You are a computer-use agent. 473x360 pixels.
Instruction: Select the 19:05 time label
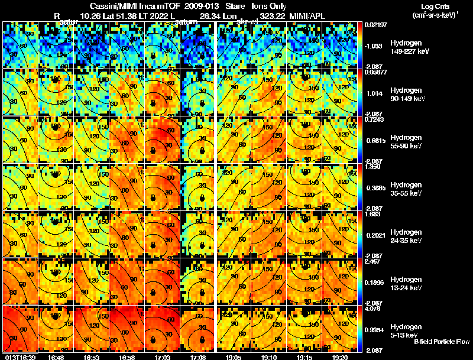pos(234,357)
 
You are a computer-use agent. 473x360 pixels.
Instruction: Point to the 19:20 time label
pos(339,357)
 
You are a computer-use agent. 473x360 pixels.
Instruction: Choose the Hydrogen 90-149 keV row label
pos(409,95)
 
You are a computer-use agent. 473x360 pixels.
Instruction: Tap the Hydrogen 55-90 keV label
pos(407,142)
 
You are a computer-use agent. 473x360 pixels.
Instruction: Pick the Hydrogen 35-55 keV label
pos(407,189)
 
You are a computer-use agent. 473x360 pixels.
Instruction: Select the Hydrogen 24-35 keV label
pos(407,236)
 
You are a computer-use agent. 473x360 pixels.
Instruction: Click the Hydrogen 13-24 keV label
pos(407,284)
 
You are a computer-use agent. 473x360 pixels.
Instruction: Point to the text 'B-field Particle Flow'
pos(441,342)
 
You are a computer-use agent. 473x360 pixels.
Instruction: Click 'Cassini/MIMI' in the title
pos(114,5)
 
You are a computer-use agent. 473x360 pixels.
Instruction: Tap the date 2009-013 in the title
pos(200,5)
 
